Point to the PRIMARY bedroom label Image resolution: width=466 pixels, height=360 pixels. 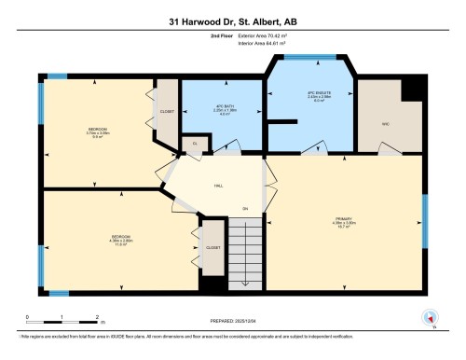[346, 222]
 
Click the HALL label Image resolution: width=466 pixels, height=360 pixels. [218, 186]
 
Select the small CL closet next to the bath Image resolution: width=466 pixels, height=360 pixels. [195, 144]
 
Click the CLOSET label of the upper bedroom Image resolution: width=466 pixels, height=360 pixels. [167, 111]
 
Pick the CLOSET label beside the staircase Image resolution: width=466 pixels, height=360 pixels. [212, 248]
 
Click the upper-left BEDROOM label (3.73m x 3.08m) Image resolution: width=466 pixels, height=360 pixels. [99, 132]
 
